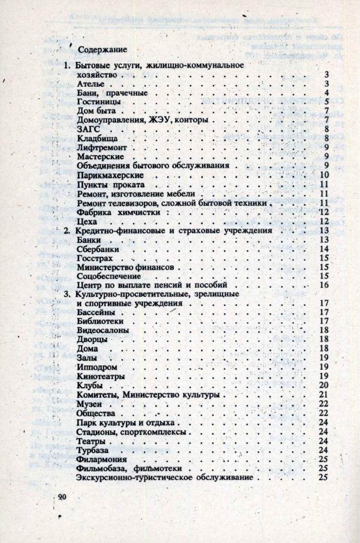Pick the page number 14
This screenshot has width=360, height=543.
[323, 249]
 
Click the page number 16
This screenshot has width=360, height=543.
[323, 286]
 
